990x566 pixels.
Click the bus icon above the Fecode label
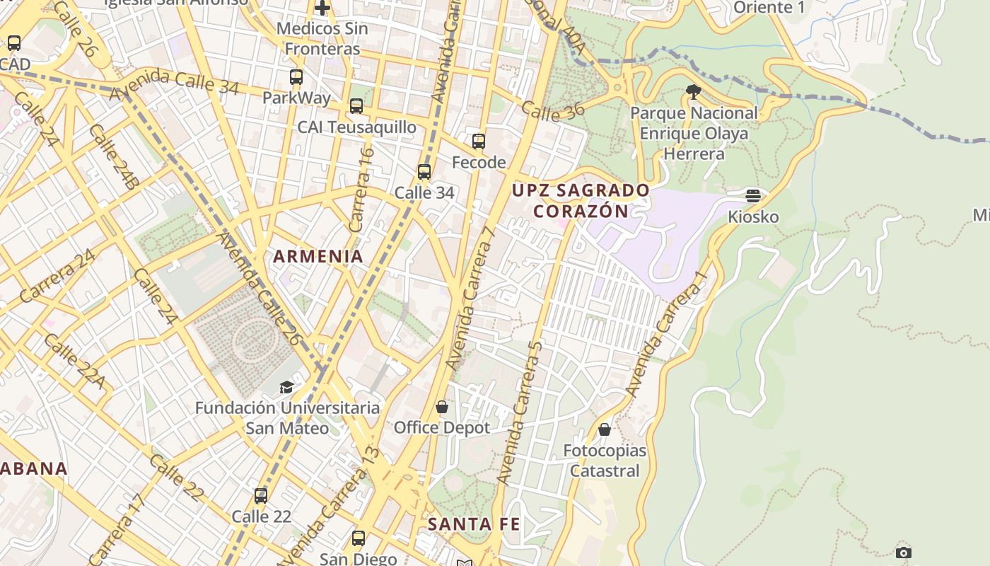(x=479, y=141)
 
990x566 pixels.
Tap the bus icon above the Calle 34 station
(x=424, y=172)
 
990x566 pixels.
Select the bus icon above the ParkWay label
(x=296, y=77)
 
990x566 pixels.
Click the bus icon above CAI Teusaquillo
(x=356, y=106)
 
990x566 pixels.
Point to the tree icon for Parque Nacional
(x=694, y=91)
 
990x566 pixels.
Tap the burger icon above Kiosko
(x=753, y=196)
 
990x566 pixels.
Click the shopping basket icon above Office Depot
(x=442, y=407)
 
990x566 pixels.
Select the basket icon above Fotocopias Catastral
(x=605, y=429)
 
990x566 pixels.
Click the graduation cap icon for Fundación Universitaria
(x=286, y=387)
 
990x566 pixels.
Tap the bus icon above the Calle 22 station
(x=261, y=496)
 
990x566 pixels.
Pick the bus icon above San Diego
(x=359, y=538)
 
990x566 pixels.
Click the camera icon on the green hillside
(x=903, y=553)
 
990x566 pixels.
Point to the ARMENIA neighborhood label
(x=318, y=257)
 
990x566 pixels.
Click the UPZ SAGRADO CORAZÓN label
(x=581, y=200)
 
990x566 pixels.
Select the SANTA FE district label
(x=474, y=524)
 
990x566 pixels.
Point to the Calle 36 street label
(x=543, y=111)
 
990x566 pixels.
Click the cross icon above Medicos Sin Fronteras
(x=322, y=8)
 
